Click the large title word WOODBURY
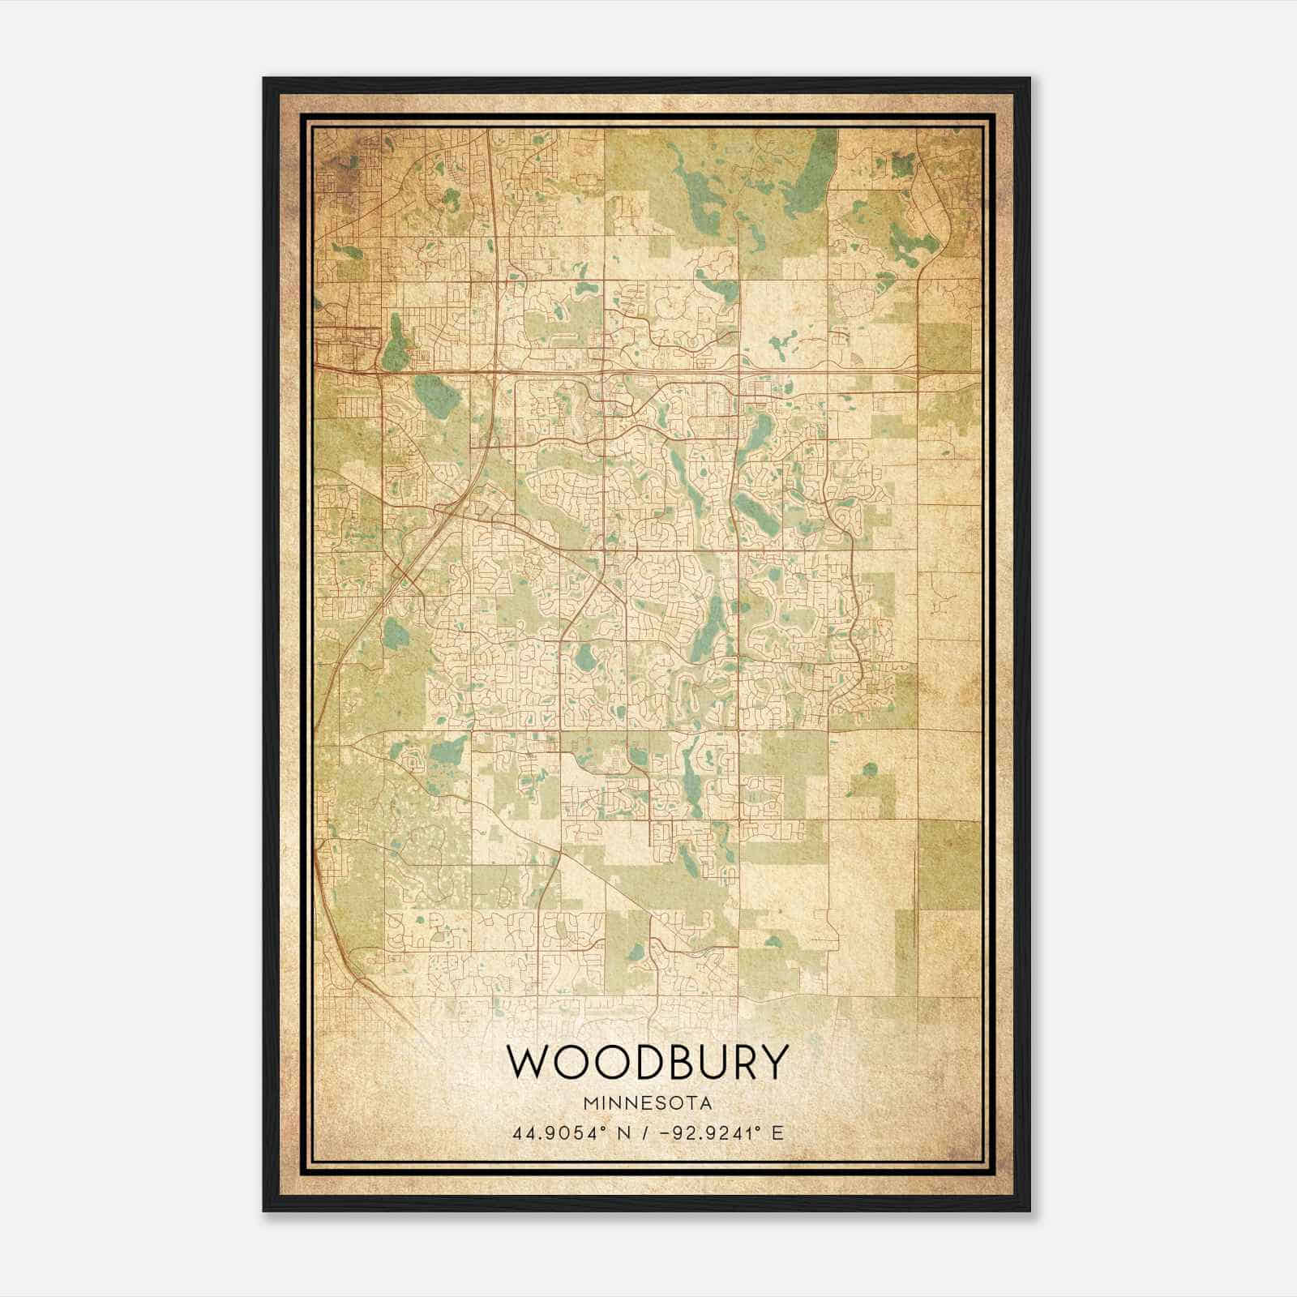click(647, 1063)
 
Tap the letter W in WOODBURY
click(528, 1063)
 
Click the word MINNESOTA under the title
click(647, 1103)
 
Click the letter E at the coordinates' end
click(777, 1132)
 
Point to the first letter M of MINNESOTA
click(586, 1103)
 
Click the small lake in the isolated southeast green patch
click(870, 768)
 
